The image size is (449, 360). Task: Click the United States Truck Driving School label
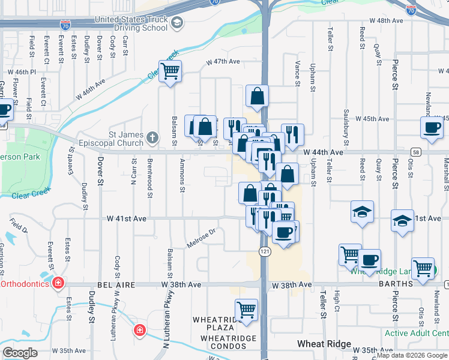130,23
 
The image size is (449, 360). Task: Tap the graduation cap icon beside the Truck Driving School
177,23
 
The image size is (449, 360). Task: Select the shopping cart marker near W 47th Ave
170,72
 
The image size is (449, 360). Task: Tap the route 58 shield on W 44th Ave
415,152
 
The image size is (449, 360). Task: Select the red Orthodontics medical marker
58,283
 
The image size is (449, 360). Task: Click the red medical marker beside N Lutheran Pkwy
139,330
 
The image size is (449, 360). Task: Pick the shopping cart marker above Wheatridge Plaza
246,310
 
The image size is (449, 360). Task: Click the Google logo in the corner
20,353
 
